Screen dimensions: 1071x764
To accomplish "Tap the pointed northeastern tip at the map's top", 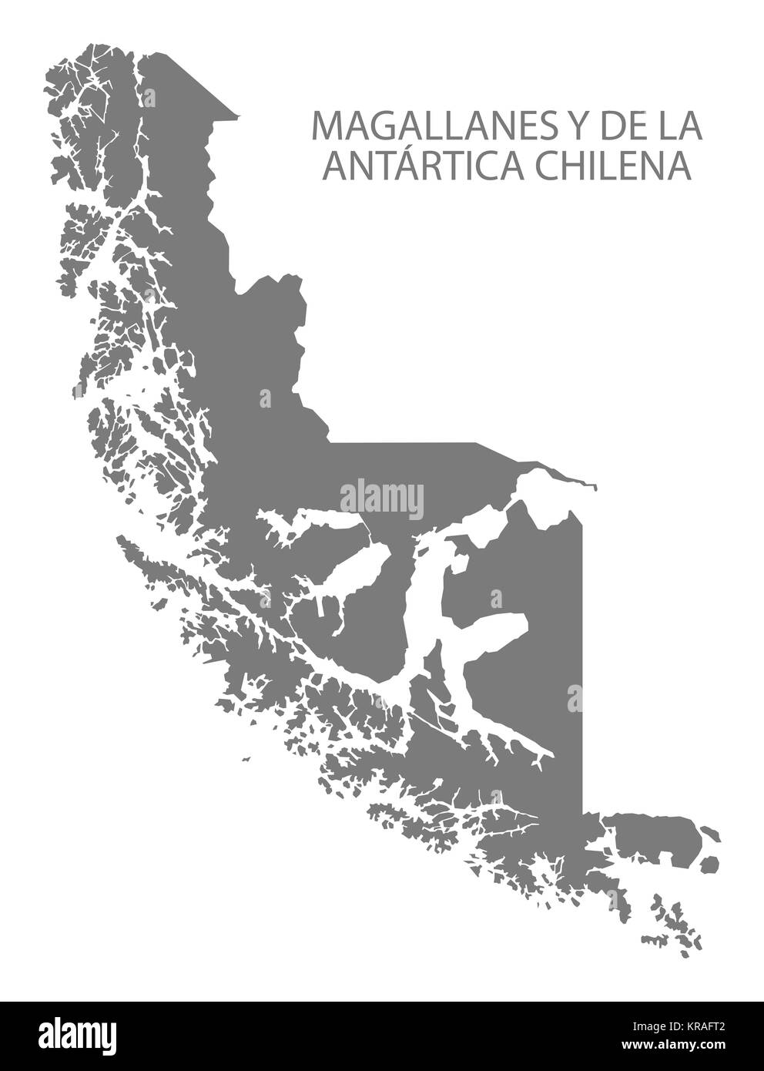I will [x=238, y=116].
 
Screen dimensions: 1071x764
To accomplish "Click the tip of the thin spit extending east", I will [x=594, y=487].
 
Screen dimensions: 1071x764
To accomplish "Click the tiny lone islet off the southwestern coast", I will [x=246, y=760].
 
